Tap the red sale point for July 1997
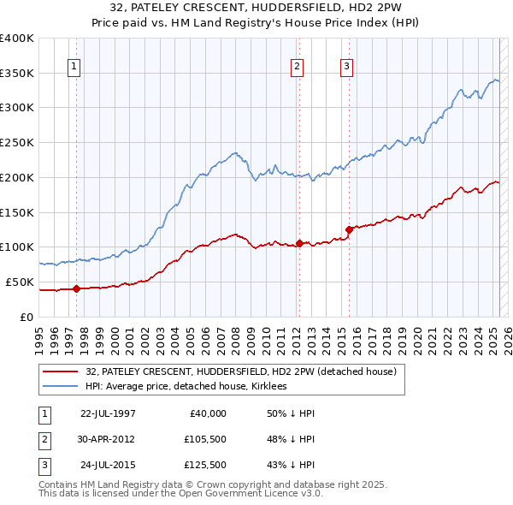pos(76,288)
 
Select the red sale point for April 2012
pos(299,243)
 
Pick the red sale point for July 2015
pos(349,229)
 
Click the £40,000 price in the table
pos(208,413)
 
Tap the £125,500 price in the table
pos(204,466)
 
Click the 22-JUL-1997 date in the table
pos(108,413)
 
